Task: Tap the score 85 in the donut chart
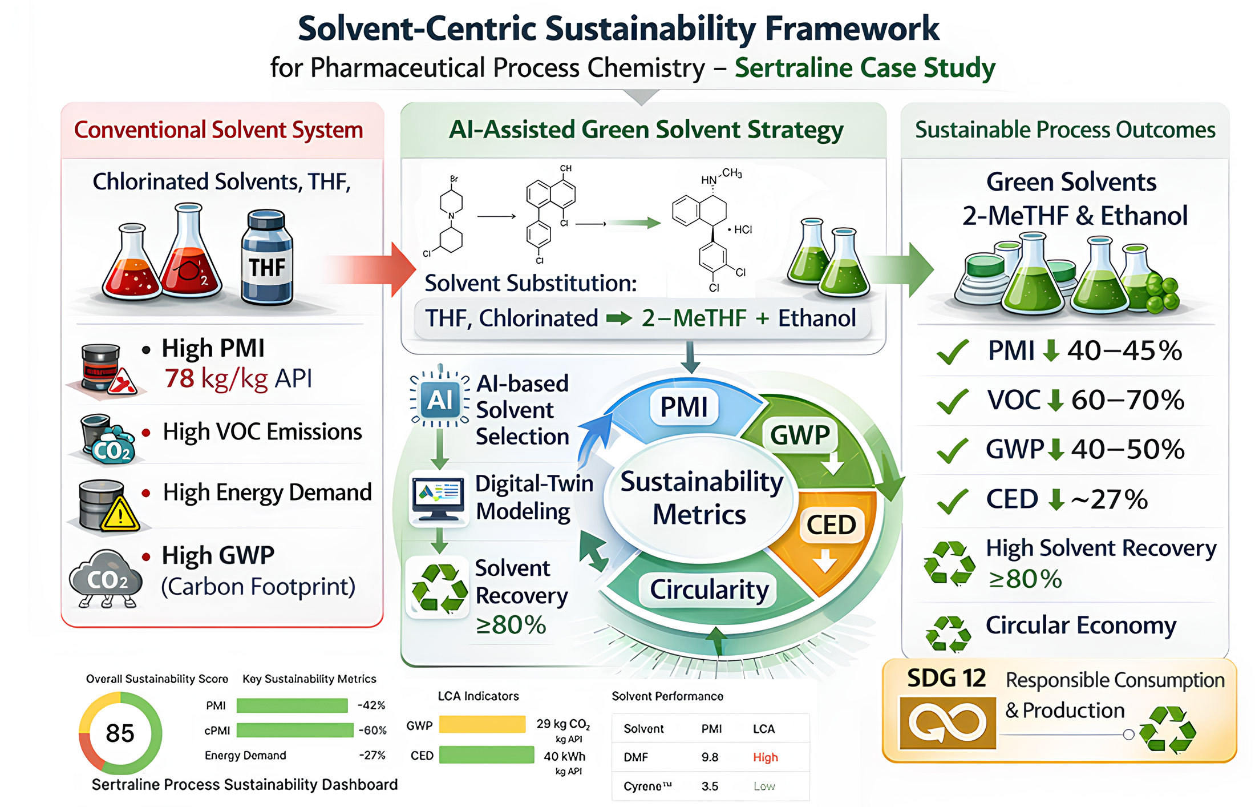click(x=120, y=733)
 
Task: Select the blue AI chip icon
click(x=440, y=400)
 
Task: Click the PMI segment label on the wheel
click(x=684, y=407)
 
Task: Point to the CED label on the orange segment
click(x=831, y=524)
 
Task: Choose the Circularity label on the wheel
click(x=709, y=589)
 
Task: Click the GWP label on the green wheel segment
click(x=800, y=435)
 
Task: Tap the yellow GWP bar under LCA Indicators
click(x=482, y=724)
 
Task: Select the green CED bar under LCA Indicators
click(x=487, y=755)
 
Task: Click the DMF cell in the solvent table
click(x=635, y=757)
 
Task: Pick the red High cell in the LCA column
click(x=766, y=757)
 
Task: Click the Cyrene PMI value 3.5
click(x=710, y=786)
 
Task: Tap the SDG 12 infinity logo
click(x=948, y=723)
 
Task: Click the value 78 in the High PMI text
click(x=179, y=378)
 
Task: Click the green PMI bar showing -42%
click(x=292, y=706)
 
